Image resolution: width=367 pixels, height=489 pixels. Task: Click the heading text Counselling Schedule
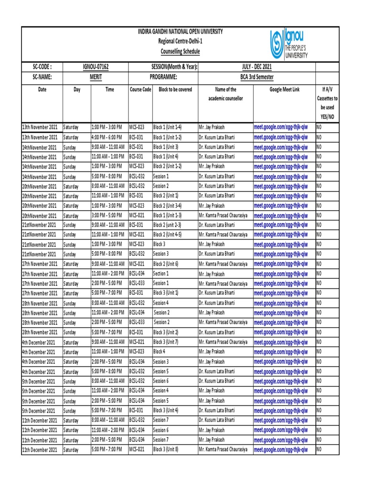click(x=180, y=52)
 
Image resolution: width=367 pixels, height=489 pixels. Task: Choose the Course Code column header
click(x=140, y=90)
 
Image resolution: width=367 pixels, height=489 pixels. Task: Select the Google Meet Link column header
click(x=284, y=90)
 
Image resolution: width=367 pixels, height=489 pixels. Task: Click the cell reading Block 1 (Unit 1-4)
click(x=168, y=128)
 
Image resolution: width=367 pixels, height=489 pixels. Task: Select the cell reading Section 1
click(x=161, y=274)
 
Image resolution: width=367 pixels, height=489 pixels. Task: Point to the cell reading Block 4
click(x=160, y=352)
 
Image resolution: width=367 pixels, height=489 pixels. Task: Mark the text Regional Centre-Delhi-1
click(x=180, y=42)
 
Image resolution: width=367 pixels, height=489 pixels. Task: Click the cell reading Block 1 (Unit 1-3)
click(x=168, y=215)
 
